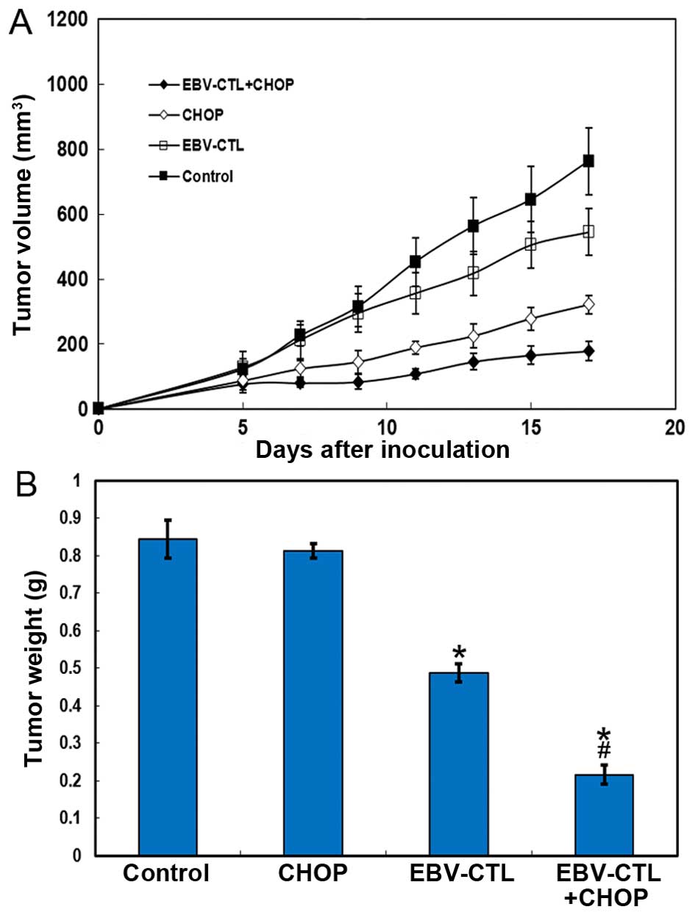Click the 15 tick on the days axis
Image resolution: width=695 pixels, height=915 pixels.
[530, 427]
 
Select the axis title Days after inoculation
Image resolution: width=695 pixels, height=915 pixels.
[382, 450]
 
